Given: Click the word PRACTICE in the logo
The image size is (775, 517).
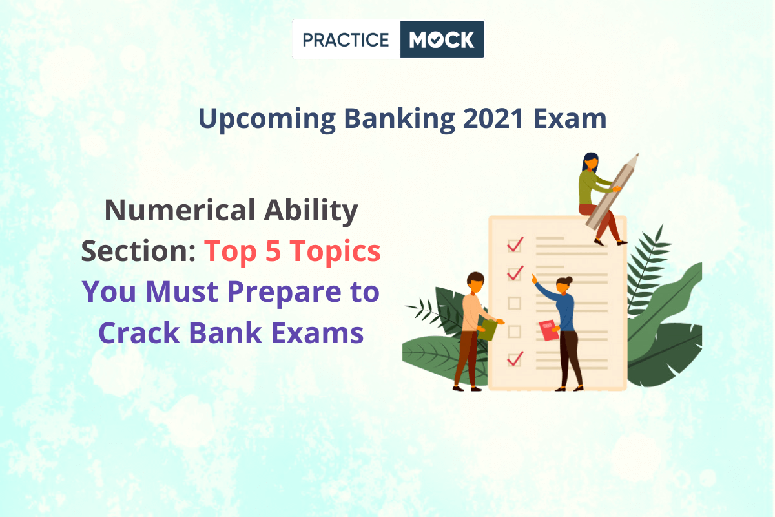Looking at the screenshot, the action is click(x=346, y=40).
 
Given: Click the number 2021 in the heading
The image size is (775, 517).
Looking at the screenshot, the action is click(x=493, y=118).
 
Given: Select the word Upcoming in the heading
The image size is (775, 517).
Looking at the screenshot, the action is click(x=267, y=120).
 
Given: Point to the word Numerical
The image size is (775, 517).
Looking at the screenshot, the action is click(x=180, y=210).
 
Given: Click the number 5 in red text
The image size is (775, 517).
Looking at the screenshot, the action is click(x=273, y=251).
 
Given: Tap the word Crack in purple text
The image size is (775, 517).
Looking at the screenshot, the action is click(x=139, y=333).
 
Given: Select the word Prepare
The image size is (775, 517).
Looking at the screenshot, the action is click(x=284, y=292).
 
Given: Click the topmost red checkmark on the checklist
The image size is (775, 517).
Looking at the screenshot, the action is click(x=515, y=244).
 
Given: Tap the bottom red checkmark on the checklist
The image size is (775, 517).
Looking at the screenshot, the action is click(x=515, y=359).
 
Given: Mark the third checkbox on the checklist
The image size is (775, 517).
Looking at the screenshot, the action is click(x=515, y=303).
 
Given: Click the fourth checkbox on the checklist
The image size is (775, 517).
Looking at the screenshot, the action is click(x=515, y=332).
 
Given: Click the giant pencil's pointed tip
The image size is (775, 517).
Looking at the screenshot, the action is click(x=638, y=153).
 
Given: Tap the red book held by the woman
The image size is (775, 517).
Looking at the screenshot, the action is click(x=548, y=330).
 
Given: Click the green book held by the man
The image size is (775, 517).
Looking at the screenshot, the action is click(x=488, y=330).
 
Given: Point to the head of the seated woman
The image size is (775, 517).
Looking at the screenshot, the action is click(x=590, y=162).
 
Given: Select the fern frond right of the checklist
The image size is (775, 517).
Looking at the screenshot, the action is click(x=646, y=270).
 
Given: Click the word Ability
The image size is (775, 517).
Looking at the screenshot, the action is click(x=311, y=211).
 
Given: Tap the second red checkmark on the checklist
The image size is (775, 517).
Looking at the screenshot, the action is click(x=515, y=273).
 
